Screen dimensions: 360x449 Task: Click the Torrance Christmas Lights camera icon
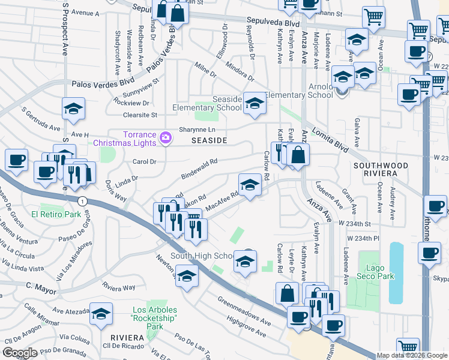[x=166, y=139]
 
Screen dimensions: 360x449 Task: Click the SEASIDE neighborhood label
[x=209, y=140]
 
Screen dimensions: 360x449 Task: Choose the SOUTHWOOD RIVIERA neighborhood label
[x=381, y=169]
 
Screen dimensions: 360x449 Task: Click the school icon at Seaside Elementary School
[x=255, y=104]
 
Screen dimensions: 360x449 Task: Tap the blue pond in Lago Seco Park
[x=396, y=273]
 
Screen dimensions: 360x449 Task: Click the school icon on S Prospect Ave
[x=74, y=109]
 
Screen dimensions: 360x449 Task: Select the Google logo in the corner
[x=20, y=353]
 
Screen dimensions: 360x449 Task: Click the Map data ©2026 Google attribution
[x=412, y=356]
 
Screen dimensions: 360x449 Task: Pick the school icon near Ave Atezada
[x=101, y=314]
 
